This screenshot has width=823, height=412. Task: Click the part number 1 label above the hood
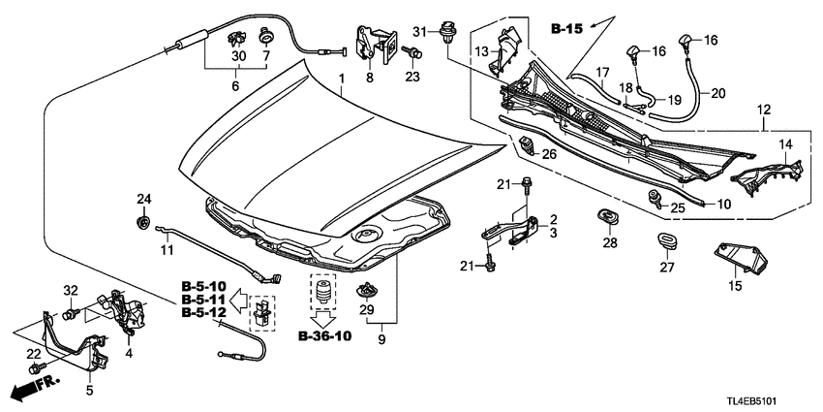(x=340, y=77)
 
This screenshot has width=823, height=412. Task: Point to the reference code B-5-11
(x=203, y=301)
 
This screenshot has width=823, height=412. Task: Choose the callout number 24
(x=144, y=200)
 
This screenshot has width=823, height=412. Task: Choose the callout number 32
(x=70, y=290)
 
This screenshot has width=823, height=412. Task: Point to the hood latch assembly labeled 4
(x=123, y=308)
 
